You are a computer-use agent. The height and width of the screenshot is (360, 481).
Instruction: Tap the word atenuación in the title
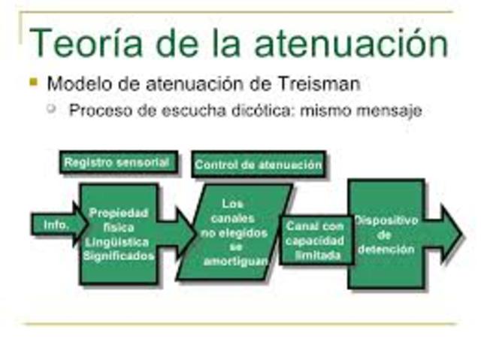pyautogui.click(x=352, y=44)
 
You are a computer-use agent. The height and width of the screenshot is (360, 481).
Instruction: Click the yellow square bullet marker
pyautogui.click(x=33, y=82)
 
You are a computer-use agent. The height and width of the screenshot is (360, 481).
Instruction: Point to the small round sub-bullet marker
pyautogui.click(x=52, y=108)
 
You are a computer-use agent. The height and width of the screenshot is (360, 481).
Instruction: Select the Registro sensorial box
pyautogui.click(x=119, y=162)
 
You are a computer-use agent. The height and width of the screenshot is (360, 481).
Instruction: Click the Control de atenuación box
pyautogui.click(x=259, y=164)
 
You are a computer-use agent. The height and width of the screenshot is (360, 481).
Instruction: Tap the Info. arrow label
pyautogui.click(x=56, y=225)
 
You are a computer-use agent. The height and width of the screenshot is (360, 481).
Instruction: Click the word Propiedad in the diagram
pyautogui.click(x=119, y=213)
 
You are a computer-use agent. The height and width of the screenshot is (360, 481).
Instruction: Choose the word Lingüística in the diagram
pyautogui.click(x=117, y=242)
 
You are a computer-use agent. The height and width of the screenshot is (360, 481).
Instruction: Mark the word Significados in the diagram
pyautogui.click(x=119, y=256)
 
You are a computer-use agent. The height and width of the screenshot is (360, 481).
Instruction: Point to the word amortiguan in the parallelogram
pyautogui.click(x=235, y=262)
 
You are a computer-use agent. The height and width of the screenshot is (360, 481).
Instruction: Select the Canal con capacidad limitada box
pyautogui.click(x=316, y=241)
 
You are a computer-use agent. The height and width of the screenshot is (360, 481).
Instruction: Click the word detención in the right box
pyautogui.click(x=386, y=250)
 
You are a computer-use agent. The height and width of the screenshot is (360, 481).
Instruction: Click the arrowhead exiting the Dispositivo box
pyautogui.click(x=451, y=234)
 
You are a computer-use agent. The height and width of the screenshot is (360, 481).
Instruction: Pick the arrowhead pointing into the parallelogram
pyautogui.click(x=186, y=234)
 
